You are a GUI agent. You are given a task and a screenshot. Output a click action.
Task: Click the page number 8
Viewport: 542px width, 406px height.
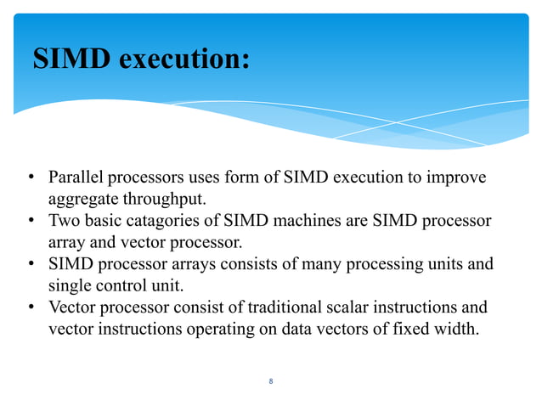click(270, 381)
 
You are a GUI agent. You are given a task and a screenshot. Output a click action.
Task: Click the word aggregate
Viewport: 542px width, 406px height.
click(80, 199)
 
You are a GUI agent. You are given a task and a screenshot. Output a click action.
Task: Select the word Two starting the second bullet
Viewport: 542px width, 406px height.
click(63, 221)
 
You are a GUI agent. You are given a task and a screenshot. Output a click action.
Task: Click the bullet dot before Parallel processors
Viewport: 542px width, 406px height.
click(29, 178)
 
